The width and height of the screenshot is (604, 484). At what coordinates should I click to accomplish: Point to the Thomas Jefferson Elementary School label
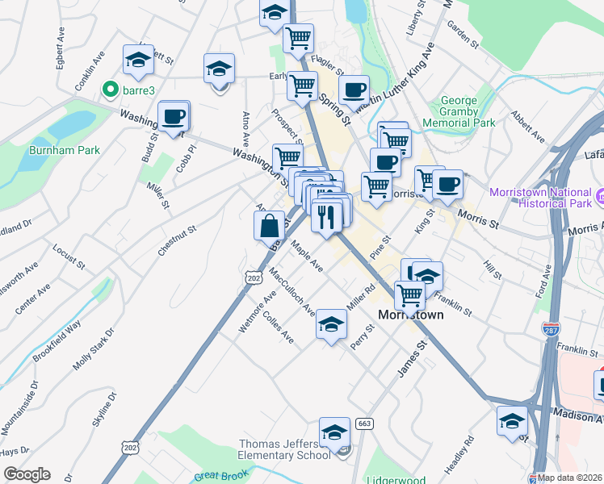coord(285,449)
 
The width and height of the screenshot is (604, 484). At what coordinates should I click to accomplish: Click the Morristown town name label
coord(411,315)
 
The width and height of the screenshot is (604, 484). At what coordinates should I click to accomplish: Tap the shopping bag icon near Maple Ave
coord(269,225)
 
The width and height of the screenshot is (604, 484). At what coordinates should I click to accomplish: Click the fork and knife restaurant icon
coord(326,215)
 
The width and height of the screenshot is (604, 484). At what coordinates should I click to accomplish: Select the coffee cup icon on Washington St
coord(174,118)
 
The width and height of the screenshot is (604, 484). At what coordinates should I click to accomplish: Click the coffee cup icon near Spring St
coord(353,90)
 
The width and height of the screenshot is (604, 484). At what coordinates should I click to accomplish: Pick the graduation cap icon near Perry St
coord(331,324)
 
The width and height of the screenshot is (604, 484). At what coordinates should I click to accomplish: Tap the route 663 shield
coord(363,424)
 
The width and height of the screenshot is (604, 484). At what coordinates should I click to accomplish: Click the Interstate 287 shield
coord(549,331)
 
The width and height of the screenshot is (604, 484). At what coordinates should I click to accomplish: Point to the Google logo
coord(27,474)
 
